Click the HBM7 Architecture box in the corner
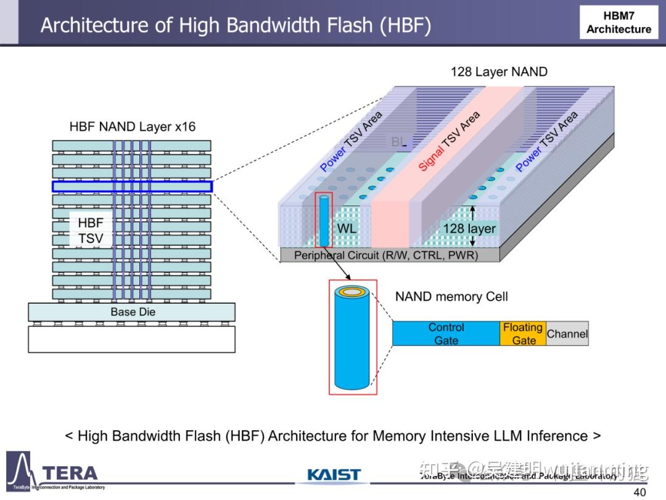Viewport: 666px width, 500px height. pyautogui.click(x=619, y=22)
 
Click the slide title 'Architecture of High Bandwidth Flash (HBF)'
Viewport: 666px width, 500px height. pyautogui.click(x=236, y=25)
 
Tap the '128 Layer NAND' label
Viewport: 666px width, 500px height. pyautogui.click(x=498, y=72)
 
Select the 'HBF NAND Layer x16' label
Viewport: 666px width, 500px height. pyautogui.click(x=132, y=127)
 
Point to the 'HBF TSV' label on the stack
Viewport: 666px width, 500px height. pyautogui.click(x=91, y=230)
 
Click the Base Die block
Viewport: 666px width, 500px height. pyautogui.click(x=132, y=312)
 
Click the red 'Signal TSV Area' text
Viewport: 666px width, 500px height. pyautogui.click(x=449, y=142)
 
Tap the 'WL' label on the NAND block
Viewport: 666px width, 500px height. pyautogui.click(x=347, y=228)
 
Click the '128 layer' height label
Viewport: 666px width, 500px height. pyautogui.click(x=469, y=229)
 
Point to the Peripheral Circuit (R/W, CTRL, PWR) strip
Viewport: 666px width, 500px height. pyautogui.click(x=385, y=255)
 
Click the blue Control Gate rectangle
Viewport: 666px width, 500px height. pyautogui.click(x=446, y=333)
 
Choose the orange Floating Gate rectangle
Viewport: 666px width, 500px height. pyautogui.click(x=522, y=333)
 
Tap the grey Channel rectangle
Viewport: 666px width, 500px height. pyautogui.click(x=567, y=333)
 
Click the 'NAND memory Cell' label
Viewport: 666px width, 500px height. pyautogui.click(x=451, y=296)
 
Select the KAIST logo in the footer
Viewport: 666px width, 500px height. pyautogui.click(x=334, y=475)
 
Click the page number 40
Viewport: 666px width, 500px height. pyautogui.click(x=639, y=492)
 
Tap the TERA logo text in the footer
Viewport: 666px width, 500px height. pyautogui.click(x=69, y=473)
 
